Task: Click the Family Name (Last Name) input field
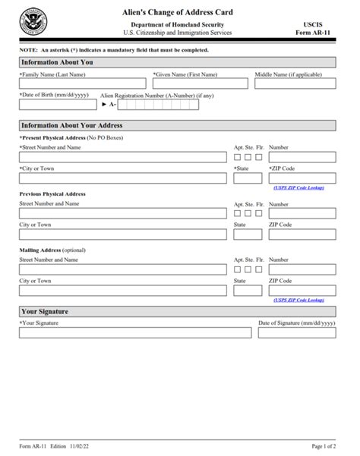coord(82,84)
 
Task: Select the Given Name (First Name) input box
coord(201,84)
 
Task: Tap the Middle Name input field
coord(294,84)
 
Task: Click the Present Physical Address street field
coord(123,157)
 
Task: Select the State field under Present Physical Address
coord(248,178)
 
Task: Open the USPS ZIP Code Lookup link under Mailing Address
coord(298,300)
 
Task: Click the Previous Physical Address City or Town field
coord(123,235)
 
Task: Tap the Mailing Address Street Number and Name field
coord(123,269)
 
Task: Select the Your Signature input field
coord(134,332)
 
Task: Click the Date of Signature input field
coord(296,332)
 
